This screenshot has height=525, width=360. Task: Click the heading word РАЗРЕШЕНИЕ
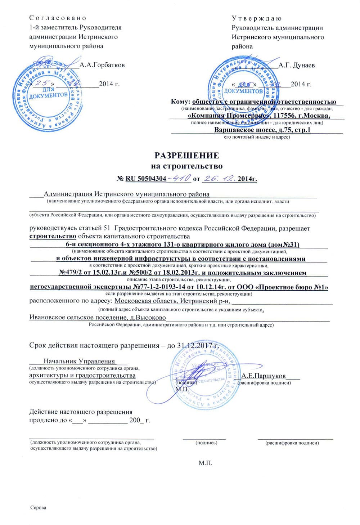coord(186,156)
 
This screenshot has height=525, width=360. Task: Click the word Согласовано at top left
coord(58,18)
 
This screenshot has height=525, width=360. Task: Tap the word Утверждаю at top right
coord(257,18)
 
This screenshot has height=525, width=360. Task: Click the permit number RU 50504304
coord(146,179)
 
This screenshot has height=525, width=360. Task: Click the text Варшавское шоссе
coord(245,130)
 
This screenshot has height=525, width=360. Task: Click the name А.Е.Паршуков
coord(264,376)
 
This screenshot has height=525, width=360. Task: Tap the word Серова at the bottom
coord(39,508)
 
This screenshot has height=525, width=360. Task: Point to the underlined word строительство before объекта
coord(53,236)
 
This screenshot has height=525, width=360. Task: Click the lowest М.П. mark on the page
coord(206,463)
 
